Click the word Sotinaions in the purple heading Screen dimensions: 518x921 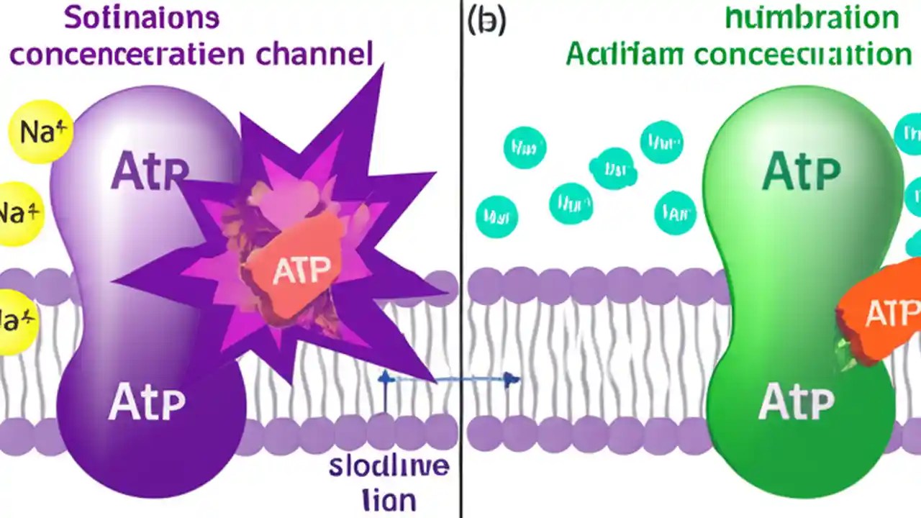pyautogui.click(x=141, y=17)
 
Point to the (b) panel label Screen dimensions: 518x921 pyautogui.click(x=486, y=20)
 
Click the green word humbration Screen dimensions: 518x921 pyautogui.click(x=811, y=17)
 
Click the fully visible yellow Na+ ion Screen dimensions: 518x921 pyautogui.click(x=40, y=132)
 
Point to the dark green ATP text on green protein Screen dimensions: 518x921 pyautogui.click(x=801, y=171)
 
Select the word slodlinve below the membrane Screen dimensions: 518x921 pyautogui.click(x=389, y=466)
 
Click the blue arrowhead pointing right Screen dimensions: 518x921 pyautogui.click(x=512, y=379)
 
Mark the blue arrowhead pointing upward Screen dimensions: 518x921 pyautogui.click(x=385, y=376)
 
